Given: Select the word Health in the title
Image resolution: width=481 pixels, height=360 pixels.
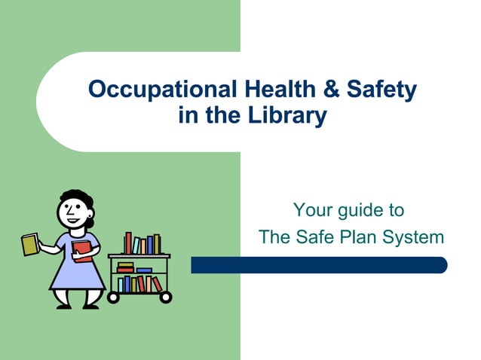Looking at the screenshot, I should (x=274, y=90).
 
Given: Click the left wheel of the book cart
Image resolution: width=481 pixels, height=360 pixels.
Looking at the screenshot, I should (x=114, y=297).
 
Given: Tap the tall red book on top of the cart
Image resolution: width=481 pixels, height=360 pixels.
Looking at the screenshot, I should (x=128, y=243).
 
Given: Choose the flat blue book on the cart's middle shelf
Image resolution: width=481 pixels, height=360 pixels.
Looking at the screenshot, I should (x=143, y=270).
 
